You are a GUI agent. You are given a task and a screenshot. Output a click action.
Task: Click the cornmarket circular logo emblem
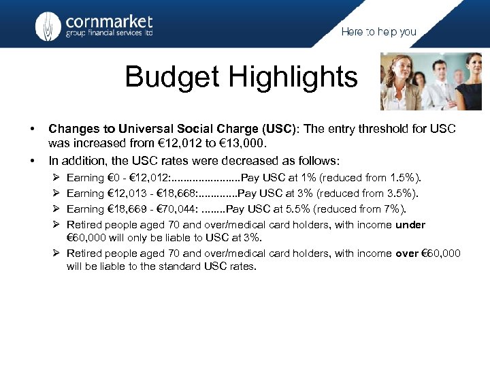[48, 27]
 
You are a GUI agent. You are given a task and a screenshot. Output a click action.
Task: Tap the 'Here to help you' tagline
[378, 32]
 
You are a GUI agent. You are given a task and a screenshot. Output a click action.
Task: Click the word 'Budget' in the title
[175, 77]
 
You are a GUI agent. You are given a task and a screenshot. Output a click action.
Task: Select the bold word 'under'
[410, 225]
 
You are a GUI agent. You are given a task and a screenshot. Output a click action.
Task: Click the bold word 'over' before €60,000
[406, 254]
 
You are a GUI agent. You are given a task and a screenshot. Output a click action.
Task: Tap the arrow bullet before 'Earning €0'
[56, 178]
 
